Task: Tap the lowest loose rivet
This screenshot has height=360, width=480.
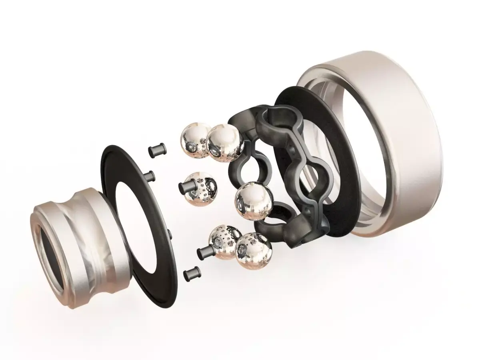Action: click(x=192, y=274)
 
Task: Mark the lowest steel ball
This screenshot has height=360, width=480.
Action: click(x=252, y=250)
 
